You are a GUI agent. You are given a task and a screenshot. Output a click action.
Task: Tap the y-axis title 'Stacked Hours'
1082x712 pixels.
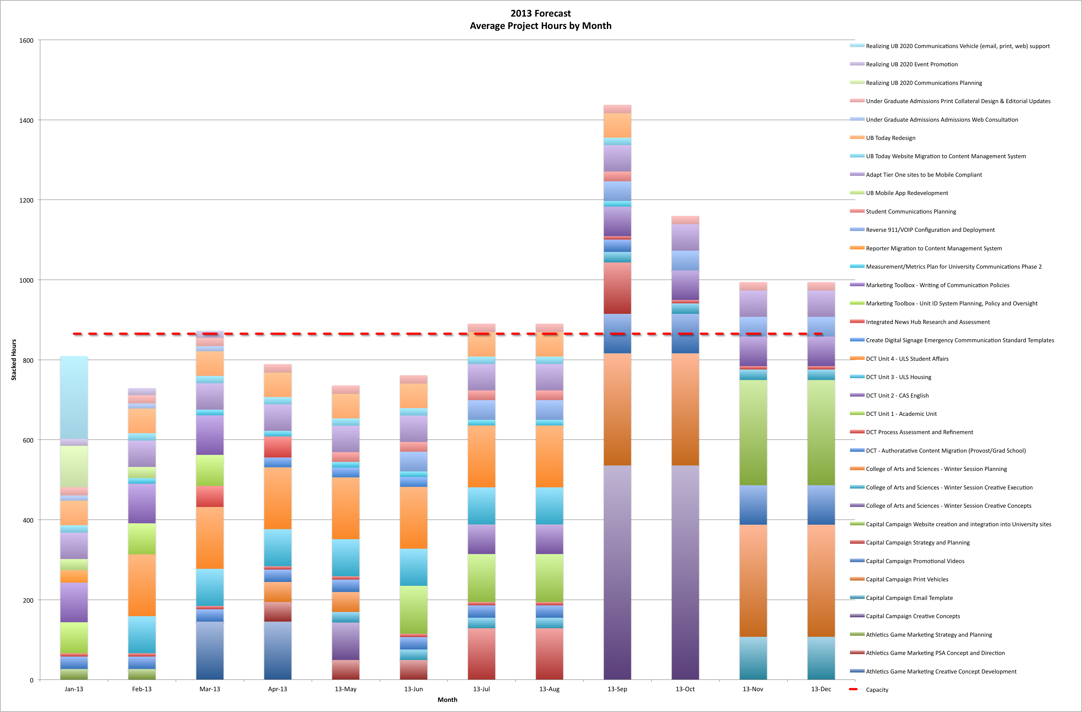tap(14, 360)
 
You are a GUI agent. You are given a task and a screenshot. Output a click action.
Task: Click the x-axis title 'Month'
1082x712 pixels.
tap(447, 699)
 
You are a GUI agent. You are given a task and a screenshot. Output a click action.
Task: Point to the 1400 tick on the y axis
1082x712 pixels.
tap(26, 121)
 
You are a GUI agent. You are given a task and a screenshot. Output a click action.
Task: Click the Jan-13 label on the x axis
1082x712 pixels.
tap(74, 689)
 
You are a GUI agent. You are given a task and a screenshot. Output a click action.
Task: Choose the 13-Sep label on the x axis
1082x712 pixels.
tap(617, 689)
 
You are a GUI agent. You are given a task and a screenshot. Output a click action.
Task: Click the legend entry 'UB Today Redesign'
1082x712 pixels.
tap(890, 138)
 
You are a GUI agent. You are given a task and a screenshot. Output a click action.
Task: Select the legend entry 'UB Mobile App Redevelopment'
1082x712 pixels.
tap(906, 193)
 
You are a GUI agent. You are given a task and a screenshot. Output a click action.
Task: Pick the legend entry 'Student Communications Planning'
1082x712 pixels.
tap(911, 211)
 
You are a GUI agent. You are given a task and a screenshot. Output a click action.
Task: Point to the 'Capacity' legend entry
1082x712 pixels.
tap(876, 690)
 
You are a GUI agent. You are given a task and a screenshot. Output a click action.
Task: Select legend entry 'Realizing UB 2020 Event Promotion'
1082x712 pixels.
tap(911, 64)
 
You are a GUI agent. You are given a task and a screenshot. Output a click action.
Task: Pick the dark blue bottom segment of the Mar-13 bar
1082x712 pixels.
tap(210, 650)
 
